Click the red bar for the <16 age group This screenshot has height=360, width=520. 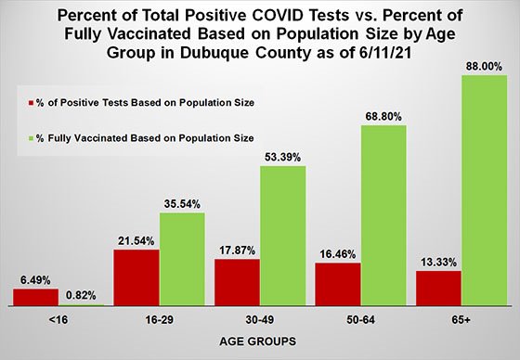36,296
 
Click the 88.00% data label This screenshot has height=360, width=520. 484,68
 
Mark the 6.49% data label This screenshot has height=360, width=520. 36,279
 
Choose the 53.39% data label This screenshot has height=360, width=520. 283,159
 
